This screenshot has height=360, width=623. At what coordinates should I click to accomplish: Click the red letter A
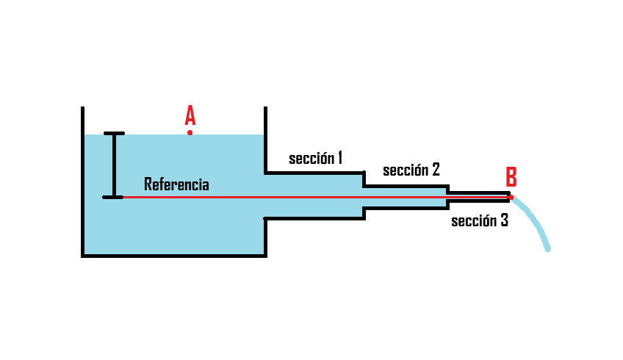[190, 115]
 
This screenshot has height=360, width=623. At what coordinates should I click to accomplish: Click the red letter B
[511, 177]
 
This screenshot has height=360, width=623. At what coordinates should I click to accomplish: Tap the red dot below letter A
[190, 133]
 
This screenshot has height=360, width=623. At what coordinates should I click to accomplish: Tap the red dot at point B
[511, 197]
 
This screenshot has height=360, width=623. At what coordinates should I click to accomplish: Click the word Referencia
[176, 184]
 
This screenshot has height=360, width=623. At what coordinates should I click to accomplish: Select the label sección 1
[315, 158]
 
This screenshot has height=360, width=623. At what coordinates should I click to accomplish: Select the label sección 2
[411, 170]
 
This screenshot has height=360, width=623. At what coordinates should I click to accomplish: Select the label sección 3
[479, 220]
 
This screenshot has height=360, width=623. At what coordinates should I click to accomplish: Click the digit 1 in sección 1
[339, 158]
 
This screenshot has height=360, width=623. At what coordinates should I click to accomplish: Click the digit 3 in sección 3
[503, 220]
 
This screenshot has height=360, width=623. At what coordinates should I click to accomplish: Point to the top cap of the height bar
[114, 134]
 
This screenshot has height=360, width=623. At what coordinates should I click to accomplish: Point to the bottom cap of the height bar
[112, 197]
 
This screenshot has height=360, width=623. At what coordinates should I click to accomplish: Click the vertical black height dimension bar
[114, 165]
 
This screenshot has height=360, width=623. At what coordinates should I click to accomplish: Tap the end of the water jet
[547, 249]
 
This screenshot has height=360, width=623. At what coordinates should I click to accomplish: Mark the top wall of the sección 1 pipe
[314, 173]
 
